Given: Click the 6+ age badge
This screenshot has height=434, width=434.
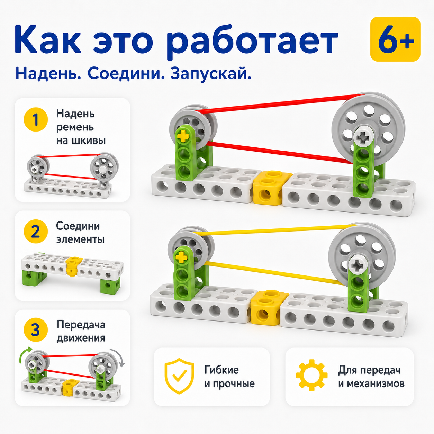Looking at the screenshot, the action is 395,39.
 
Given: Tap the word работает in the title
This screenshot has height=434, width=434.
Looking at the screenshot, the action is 252,43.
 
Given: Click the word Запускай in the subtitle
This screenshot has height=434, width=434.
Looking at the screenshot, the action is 210,73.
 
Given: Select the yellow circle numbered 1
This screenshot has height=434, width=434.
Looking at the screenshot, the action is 36,119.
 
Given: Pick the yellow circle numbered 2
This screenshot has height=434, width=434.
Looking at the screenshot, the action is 36,231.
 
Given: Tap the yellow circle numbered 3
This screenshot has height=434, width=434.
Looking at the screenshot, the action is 36,329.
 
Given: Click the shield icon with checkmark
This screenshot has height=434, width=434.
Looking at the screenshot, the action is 179,376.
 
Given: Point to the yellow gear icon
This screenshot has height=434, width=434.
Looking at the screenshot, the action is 311,375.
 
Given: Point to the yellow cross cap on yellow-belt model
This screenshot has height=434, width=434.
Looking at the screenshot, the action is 181,257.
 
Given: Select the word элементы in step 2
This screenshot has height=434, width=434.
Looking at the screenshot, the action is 80,239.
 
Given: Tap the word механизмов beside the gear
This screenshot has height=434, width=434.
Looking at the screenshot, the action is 376,384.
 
